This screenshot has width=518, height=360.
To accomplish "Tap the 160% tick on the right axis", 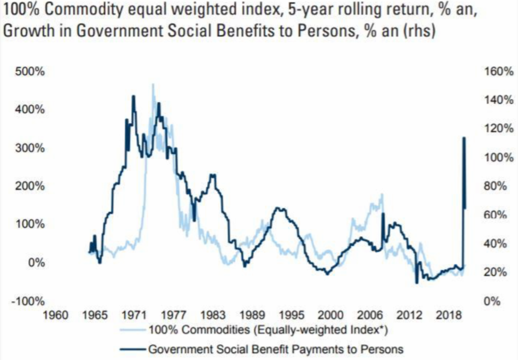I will tap(502, 72).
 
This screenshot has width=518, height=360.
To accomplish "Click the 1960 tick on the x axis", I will tap(57, 315).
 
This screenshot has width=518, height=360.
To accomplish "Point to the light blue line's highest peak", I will tap(152, 84).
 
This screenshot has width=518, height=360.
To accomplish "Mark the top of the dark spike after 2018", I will tap(464, 138).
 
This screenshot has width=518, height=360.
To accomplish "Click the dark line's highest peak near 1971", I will tap(133, 96).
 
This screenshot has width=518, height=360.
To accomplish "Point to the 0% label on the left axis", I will tap(36, 263).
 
